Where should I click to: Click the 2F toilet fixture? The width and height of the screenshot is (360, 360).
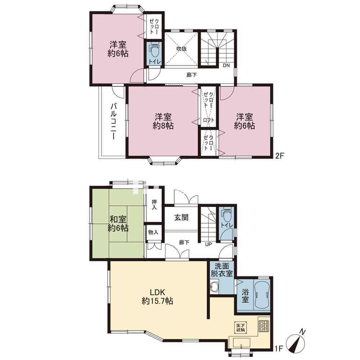coord(154,50)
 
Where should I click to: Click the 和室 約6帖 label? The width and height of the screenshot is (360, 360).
coord(118,224)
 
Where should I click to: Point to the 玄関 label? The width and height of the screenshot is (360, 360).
coord(181,217)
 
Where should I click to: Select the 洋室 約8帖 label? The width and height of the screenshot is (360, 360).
coord(163,121)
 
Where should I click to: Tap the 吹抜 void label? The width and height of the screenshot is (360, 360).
coord(181,49)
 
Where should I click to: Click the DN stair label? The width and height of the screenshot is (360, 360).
coord(226,65)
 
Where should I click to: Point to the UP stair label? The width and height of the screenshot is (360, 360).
coord(208,244)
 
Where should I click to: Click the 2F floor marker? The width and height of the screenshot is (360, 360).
coord(280,156)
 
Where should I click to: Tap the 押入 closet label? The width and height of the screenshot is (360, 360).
coord(154,205)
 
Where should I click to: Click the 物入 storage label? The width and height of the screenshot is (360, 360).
coord(153,232)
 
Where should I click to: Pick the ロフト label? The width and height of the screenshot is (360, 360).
coord(209,120)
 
